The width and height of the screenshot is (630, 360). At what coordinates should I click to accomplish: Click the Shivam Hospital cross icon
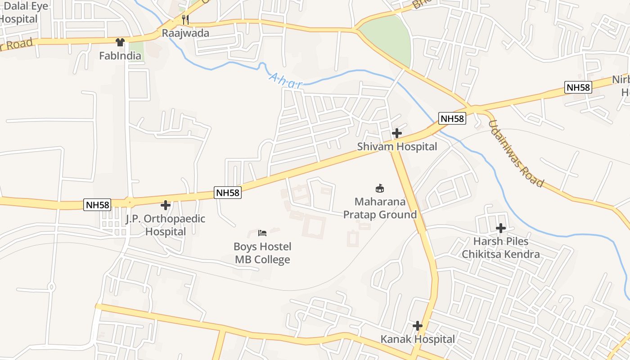(x=396, y=133)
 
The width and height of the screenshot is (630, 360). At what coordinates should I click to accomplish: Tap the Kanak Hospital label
(x=418, y=339)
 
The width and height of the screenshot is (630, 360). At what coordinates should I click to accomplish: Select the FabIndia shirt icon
(x=120, y=43)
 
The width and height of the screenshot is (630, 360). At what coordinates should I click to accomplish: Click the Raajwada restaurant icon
(x=184, y=20)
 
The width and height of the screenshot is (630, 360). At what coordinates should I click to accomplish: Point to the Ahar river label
(x=286, y=80)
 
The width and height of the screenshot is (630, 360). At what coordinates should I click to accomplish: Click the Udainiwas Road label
(x=516, y=154)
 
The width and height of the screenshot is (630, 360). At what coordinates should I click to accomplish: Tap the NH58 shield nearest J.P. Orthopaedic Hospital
(x=97, y=205)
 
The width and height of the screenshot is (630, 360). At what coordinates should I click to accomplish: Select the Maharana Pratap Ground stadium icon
(x=380, y=188)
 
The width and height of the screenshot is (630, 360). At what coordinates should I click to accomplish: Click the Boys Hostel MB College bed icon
(x=262, y=233)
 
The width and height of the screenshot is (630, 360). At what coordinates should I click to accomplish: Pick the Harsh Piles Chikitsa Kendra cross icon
(x=500, y=228)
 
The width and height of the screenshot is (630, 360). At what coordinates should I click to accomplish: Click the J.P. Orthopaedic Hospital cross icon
(x=166, y=205)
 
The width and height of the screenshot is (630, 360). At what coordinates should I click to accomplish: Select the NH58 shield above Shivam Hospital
(x=452, y=119)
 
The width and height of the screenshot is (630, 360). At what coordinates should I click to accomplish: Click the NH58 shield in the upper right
(x=578, y=87)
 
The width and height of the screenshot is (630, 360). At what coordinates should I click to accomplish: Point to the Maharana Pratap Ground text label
(x=380, y=208)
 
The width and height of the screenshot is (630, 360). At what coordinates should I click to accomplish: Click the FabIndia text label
(x=120, y=56)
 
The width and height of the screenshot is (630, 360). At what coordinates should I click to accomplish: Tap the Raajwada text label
(x=185, y=33)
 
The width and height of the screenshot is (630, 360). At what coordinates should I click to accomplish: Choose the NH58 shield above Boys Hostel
(x=228, y=193)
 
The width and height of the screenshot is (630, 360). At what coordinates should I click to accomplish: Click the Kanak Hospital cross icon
(x=418, y=326)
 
